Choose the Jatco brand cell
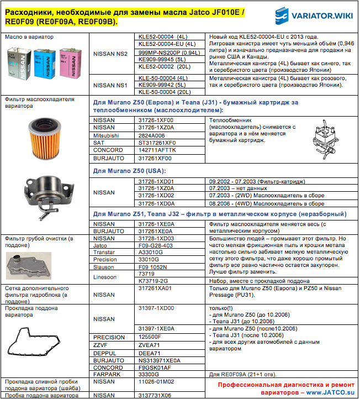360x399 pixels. click(102, 245)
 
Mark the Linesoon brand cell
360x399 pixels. click(106, 277)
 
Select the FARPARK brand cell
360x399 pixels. click(107, 374)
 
